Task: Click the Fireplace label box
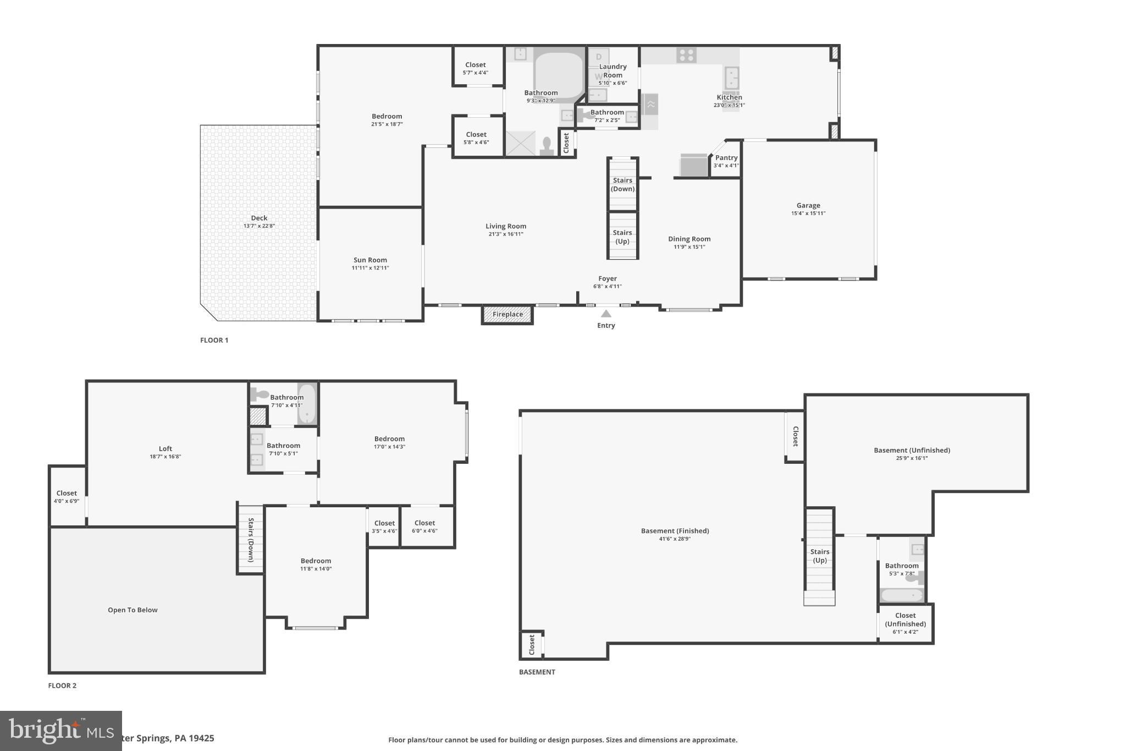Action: (507, 315)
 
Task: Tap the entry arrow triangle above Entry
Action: (606, 314)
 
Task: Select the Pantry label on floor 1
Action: (726, 158)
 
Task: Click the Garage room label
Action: (808, 206)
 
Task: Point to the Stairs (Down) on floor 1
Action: (622, 184)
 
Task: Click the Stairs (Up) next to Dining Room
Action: (622, 237)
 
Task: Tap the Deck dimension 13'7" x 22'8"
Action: (259, 226)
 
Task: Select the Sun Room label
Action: (370, 260)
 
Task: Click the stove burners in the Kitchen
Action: (686, 55)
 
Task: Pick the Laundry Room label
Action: (612, 71)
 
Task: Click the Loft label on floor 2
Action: (165, 448)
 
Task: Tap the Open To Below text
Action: (133, 610)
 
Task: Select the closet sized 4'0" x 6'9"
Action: (67, 497)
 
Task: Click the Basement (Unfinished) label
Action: (912, 450)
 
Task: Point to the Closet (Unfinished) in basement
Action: (905, 620)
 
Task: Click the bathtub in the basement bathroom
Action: (902, 595)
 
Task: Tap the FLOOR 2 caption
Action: (62, 686)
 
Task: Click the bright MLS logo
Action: (60, 731)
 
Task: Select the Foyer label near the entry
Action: (608, 279)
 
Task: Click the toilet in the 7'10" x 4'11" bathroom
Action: (259, 394)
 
